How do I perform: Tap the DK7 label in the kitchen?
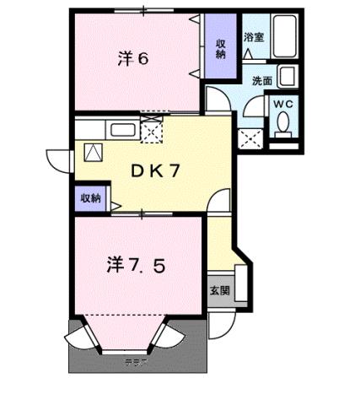pyautogui.click(x=156, y=170)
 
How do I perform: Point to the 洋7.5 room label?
pyautogui.click(x=135, y=265)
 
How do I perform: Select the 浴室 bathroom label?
pyautogui.click(x=253, y=36)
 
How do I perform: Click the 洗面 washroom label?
pyautogui.click(x=262, y=81)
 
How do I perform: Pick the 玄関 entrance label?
pyautogui.click(x=218, y=290)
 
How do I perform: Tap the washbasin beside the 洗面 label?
pyautogui.click(x=287, y=78)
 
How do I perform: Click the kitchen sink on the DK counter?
pyautogui.click(x=121, y=130)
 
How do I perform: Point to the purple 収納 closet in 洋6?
pyautogui.click(x=220, y=47)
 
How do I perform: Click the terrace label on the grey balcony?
pyautogui.click(x=136, y=364)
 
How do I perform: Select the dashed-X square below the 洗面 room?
pyautogui.click(x=250, y=138)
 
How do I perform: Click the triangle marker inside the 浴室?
pyautogui.click(x=249, y=52)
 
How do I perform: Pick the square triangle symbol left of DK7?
pyautogui.click(x=92, y=153)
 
